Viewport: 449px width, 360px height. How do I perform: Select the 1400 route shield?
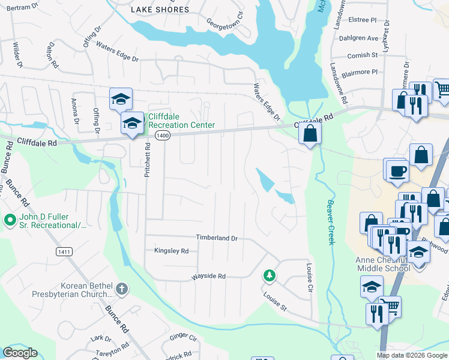pos(161,136)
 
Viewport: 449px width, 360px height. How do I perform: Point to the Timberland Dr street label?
pos(217,238)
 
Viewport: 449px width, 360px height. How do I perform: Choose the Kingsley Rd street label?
pos(171,251)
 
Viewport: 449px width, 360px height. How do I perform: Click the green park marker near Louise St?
pos(270,275)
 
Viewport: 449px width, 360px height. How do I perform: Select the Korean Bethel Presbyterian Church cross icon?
pos(121,289)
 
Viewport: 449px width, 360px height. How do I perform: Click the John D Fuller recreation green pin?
pos(9,220)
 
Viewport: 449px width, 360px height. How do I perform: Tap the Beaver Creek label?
pos(330,222)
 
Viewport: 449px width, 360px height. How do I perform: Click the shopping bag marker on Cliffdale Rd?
pos(310,134)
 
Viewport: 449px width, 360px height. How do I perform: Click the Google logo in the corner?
pos(20,353)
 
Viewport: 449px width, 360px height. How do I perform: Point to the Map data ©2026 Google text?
pos(412,355)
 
